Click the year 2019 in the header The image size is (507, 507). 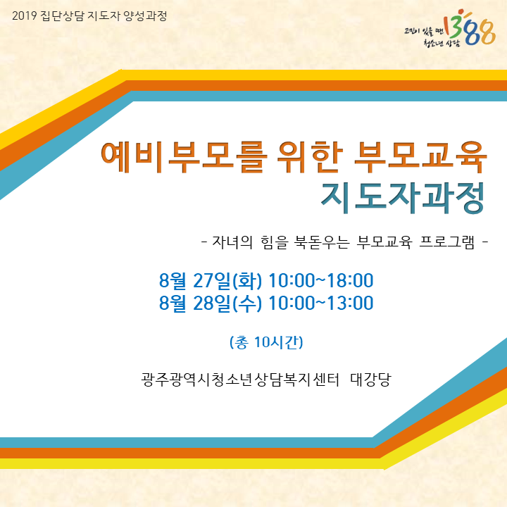25,15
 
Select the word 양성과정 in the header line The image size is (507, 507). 145,15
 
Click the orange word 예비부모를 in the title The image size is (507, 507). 184,158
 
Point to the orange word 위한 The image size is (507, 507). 310,158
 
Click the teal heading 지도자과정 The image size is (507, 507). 403,198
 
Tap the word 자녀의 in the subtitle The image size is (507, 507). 232,242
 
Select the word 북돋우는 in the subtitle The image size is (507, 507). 322,242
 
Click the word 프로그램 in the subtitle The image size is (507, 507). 447,242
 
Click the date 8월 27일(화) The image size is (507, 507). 210,280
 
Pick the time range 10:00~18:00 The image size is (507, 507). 321,280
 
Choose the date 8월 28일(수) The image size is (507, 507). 210,303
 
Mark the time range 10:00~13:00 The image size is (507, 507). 321,303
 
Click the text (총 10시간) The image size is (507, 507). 266,342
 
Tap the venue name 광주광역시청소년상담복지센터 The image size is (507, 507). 240,380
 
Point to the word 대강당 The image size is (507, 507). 371,380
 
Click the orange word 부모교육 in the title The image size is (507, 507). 420,158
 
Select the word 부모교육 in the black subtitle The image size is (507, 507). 384,242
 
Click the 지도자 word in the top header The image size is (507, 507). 104,15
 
